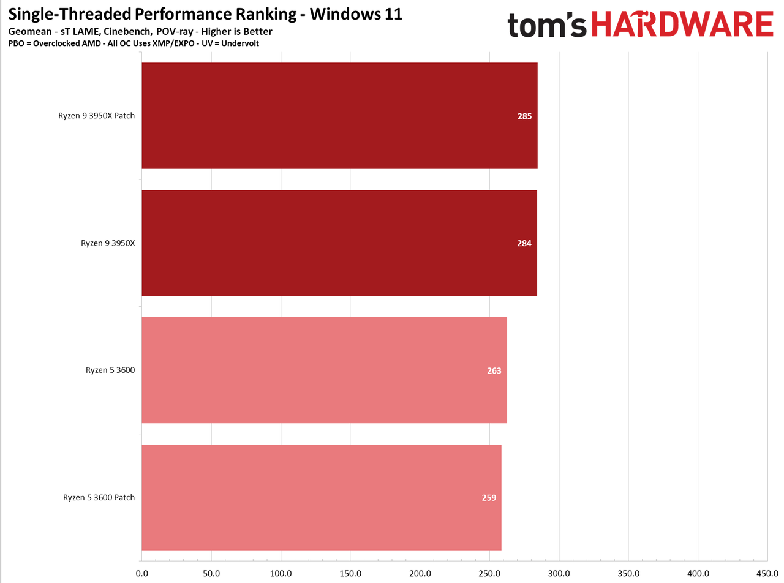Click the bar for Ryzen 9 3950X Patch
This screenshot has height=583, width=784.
coord(339,116)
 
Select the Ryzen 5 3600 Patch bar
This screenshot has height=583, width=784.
coord(322,497)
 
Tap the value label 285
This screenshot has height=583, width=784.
coord(524,116)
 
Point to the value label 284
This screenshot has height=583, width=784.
coord(524,243)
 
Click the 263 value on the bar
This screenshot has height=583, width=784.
coord(494,370)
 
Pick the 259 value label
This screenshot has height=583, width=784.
coord(489,498)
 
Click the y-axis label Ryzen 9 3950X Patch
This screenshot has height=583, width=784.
coord(97,116)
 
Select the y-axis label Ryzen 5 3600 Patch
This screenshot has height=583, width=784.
coord(99,497)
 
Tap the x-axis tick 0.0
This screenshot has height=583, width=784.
coord(141,573)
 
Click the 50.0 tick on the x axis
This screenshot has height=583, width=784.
coord(211,573)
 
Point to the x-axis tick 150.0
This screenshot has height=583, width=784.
coord(350,573)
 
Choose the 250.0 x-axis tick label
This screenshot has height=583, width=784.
coord(489,573)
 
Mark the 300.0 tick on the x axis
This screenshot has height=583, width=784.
coord(559,573)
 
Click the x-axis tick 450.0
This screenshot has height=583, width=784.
coord(767,573)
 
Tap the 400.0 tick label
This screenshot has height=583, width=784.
coord(698,573)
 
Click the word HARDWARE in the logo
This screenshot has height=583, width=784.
coord(682,24)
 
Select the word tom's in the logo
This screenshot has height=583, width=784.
coord(547,25)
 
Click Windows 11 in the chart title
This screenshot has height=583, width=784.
coord(356,14)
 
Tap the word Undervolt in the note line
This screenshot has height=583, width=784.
coord(240,43)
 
